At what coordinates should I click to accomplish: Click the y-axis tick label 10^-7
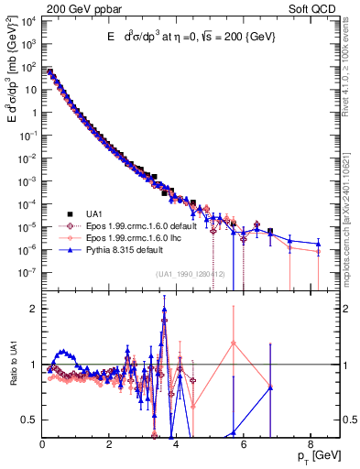coord(28,272)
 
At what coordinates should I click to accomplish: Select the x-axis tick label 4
coord(176,443)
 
